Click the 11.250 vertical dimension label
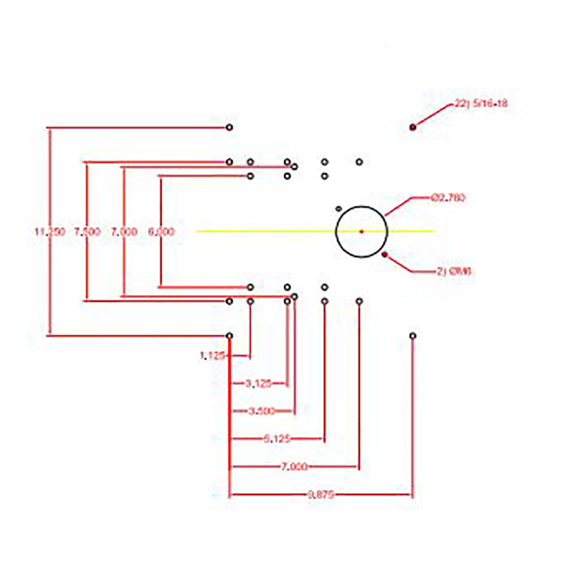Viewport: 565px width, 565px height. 50,232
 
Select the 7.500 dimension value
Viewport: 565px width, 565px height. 87,232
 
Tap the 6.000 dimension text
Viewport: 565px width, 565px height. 161,232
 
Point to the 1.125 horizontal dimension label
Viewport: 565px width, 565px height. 212,356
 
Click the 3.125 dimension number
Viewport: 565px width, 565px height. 258,384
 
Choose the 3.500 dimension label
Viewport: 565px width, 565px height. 262,411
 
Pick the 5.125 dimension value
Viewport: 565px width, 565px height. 277,438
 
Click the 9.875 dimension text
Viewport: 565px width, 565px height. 321,495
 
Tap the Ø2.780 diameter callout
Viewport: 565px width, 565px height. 447,198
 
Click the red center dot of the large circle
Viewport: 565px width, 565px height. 362,231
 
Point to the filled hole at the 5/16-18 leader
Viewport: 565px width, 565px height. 413,127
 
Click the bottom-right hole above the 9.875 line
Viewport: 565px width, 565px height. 413,336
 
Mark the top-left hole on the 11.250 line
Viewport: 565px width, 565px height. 229,128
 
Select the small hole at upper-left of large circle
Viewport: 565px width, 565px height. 338,208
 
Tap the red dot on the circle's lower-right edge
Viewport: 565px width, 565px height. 385,255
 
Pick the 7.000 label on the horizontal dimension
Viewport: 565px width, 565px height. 295,467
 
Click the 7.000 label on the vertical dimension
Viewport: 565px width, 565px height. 124,232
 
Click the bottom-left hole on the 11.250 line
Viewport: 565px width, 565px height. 229,336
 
